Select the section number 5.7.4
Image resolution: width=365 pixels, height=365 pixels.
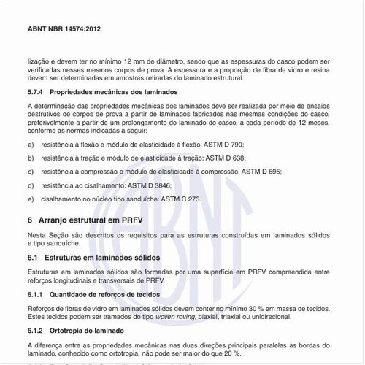click(35, 92)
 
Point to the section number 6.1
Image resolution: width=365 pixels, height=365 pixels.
click(32, 258)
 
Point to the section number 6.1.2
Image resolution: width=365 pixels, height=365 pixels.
click(35, 330)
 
